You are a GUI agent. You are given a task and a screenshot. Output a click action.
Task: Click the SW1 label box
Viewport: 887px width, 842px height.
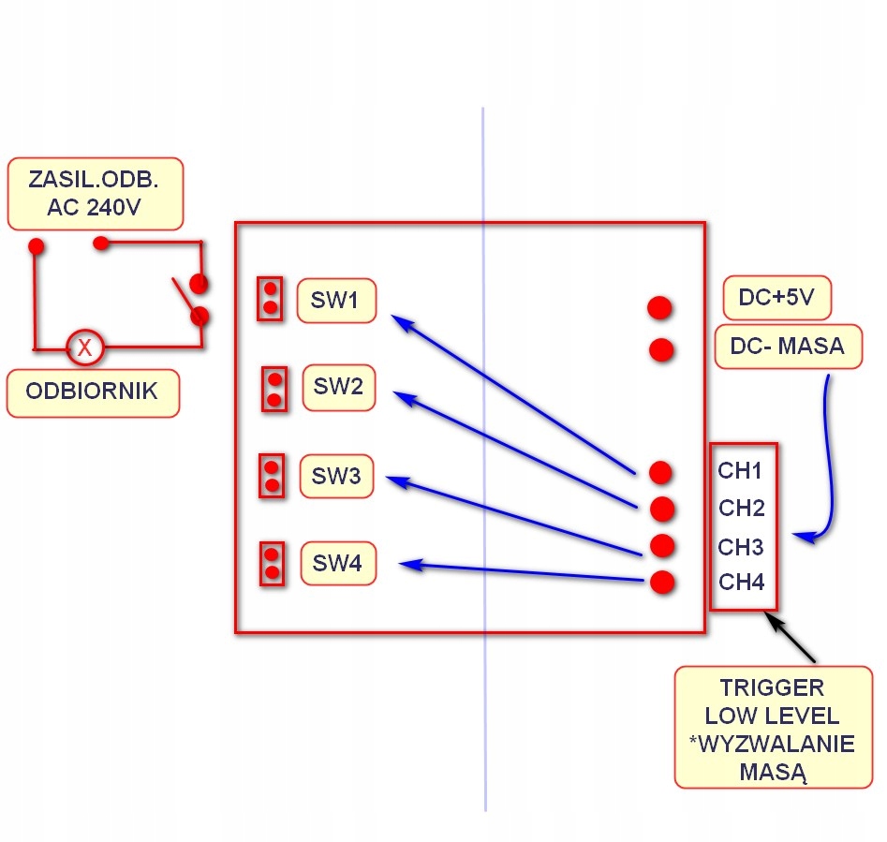337,301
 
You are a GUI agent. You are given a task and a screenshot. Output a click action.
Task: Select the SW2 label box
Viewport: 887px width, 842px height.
339,387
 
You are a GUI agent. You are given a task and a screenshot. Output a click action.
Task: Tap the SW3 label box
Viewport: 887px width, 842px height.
336,477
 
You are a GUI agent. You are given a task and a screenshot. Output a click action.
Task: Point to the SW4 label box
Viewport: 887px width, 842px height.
337,563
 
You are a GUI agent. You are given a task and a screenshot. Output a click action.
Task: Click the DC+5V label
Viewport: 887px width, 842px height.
776,299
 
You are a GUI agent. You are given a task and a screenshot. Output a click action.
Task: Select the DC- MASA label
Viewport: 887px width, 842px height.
786,347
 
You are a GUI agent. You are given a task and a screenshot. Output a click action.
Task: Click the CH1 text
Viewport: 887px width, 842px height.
741,470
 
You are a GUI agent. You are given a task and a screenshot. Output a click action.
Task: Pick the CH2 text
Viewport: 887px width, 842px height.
742,509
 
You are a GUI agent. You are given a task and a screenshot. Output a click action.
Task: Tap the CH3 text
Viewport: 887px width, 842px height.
741,547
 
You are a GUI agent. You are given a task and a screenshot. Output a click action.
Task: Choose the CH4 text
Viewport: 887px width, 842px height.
742,583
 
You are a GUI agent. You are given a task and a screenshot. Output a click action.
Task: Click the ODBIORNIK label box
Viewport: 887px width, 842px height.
93,392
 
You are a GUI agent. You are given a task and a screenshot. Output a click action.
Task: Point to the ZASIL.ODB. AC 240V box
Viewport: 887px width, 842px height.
95,193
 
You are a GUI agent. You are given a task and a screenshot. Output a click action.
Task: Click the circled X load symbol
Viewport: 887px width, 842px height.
84,348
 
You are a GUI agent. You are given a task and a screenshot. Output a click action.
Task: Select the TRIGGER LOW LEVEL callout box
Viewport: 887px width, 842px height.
773,727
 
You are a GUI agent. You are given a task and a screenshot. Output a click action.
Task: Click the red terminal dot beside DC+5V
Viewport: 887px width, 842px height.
659,307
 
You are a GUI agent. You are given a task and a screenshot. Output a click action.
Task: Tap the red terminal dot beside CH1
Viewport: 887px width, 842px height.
660,471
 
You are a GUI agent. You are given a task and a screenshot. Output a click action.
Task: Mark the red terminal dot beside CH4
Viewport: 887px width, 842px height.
662,583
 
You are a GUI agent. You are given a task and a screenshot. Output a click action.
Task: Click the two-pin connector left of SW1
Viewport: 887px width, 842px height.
270,298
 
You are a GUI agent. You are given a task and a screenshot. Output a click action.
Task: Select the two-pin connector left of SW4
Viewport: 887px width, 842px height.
273,563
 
